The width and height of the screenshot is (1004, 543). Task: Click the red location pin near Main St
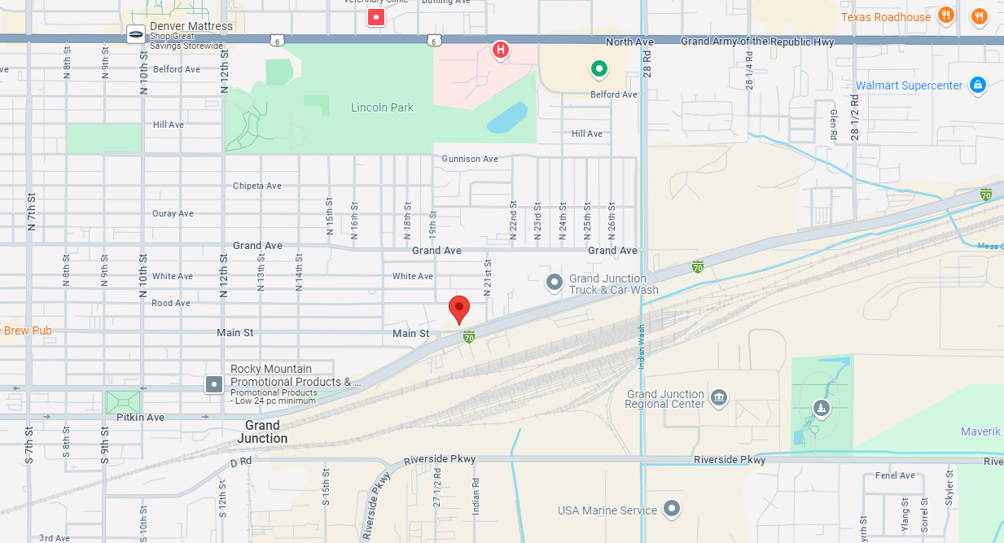459,309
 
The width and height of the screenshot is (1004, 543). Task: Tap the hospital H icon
501,50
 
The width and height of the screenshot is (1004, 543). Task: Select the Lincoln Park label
382,107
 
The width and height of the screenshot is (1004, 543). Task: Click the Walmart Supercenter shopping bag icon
978,85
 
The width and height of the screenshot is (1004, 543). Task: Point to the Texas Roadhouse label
885,17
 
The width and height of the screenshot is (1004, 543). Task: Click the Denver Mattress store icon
136,33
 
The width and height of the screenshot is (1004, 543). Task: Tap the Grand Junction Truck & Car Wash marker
555,282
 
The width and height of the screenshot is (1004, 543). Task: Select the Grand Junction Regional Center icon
718,397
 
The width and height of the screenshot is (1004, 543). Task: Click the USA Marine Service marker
671,509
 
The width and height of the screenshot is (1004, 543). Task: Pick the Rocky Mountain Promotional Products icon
214,383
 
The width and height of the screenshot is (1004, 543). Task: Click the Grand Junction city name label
262,431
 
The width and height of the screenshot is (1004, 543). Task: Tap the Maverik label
980,431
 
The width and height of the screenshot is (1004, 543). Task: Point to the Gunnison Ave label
470,159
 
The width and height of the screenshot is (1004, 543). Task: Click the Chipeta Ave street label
257,186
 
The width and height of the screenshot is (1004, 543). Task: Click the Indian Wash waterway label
641,347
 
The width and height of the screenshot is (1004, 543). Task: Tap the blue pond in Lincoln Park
507,117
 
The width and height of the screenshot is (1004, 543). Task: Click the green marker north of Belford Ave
599,69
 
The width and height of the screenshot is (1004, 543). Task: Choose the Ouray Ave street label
173,213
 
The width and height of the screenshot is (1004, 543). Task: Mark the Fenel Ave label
895,475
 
